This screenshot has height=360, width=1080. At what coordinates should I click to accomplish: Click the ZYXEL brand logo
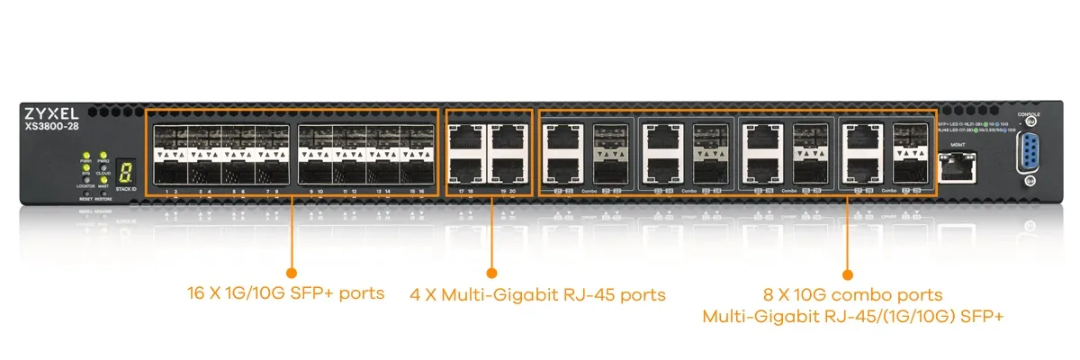click(x=50, y=114)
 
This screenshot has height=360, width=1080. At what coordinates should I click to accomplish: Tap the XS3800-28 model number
click(x=50, y=128)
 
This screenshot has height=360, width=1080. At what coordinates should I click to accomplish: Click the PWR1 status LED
click(x=86, y=157)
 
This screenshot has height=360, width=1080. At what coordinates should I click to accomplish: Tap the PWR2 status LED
click(x=103, y=157)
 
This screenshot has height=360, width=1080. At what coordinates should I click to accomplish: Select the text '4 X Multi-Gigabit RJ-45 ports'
click(x=537, y=294)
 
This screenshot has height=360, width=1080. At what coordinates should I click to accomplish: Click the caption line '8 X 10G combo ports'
click(x=852, y=294)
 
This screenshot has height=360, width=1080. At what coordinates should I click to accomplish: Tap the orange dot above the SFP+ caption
click(x=291, y=272)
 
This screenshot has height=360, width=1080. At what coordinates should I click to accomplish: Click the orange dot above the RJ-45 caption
click(x=491, y=272)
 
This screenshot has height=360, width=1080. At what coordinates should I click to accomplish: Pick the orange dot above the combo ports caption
click(x=846, y=272)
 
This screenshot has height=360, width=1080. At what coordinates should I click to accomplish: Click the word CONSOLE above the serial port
click(x=1028, y=115)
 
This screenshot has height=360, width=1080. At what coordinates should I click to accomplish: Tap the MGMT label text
click(x=958, y=144)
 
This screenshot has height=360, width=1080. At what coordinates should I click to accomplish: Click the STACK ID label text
click(x=126, y=190)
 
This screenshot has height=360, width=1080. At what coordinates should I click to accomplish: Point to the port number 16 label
click(x=420, y=192)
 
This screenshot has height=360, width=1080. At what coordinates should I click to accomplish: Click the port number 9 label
click(x=310, y=192)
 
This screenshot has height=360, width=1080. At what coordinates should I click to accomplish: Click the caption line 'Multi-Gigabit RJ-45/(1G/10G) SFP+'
click(x=852, y=316)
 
